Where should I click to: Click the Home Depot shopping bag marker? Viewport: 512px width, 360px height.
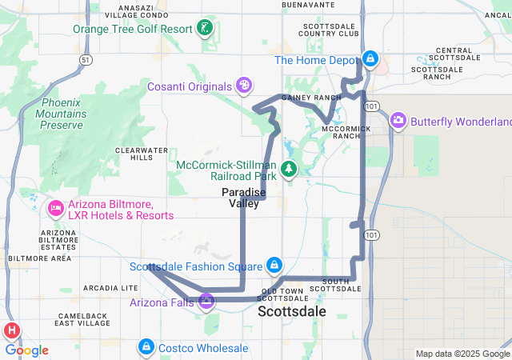(370, 59)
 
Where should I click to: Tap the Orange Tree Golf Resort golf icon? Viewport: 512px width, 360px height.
(206, 29)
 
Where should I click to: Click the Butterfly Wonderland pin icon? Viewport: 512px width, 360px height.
(398, 121)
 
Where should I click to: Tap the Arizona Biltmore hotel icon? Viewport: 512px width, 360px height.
(56, 209)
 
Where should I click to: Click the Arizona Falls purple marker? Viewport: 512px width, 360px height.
(206, 302)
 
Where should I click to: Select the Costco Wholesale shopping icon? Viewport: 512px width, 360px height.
(146, 347)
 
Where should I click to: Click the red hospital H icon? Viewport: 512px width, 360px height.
(13, 330)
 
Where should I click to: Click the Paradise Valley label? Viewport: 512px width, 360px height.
(240, 198)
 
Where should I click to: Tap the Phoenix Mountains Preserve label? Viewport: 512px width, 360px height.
(62, 114)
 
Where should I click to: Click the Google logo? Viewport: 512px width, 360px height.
(26, 350)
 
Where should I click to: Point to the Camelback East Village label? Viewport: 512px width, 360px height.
(82, 319)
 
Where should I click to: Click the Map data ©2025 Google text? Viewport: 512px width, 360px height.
(462, 354)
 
